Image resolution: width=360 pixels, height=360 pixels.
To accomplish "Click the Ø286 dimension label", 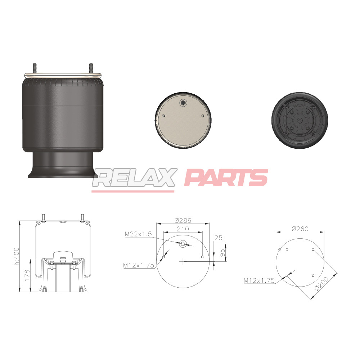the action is [x=183, y=220].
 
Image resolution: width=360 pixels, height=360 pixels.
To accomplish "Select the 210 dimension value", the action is [x=183, y=229].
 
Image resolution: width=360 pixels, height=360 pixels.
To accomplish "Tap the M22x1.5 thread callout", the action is [x=138, y=234].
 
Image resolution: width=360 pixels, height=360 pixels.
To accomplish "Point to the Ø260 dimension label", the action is [x=300, y=229].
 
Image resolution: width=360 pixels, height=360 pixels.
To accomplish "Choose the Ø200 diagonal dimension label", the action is [x=321, y=284].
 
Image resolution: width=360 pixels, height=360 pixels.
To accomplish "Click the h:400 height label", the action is [x=17, y=256].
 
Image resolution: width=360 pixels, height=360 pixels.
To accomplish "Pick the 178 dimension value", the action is [x=27, y=275].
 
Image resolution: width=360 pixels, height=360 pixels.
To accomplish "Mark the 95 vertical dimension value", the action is [x=222, y=253].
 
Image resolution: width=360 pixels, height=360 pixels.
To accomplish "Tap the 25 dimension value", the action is [x=218, y=238].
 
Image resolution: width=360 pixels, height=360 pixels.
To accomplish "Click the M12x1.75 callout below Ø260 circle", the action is [x=259, y=280].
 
